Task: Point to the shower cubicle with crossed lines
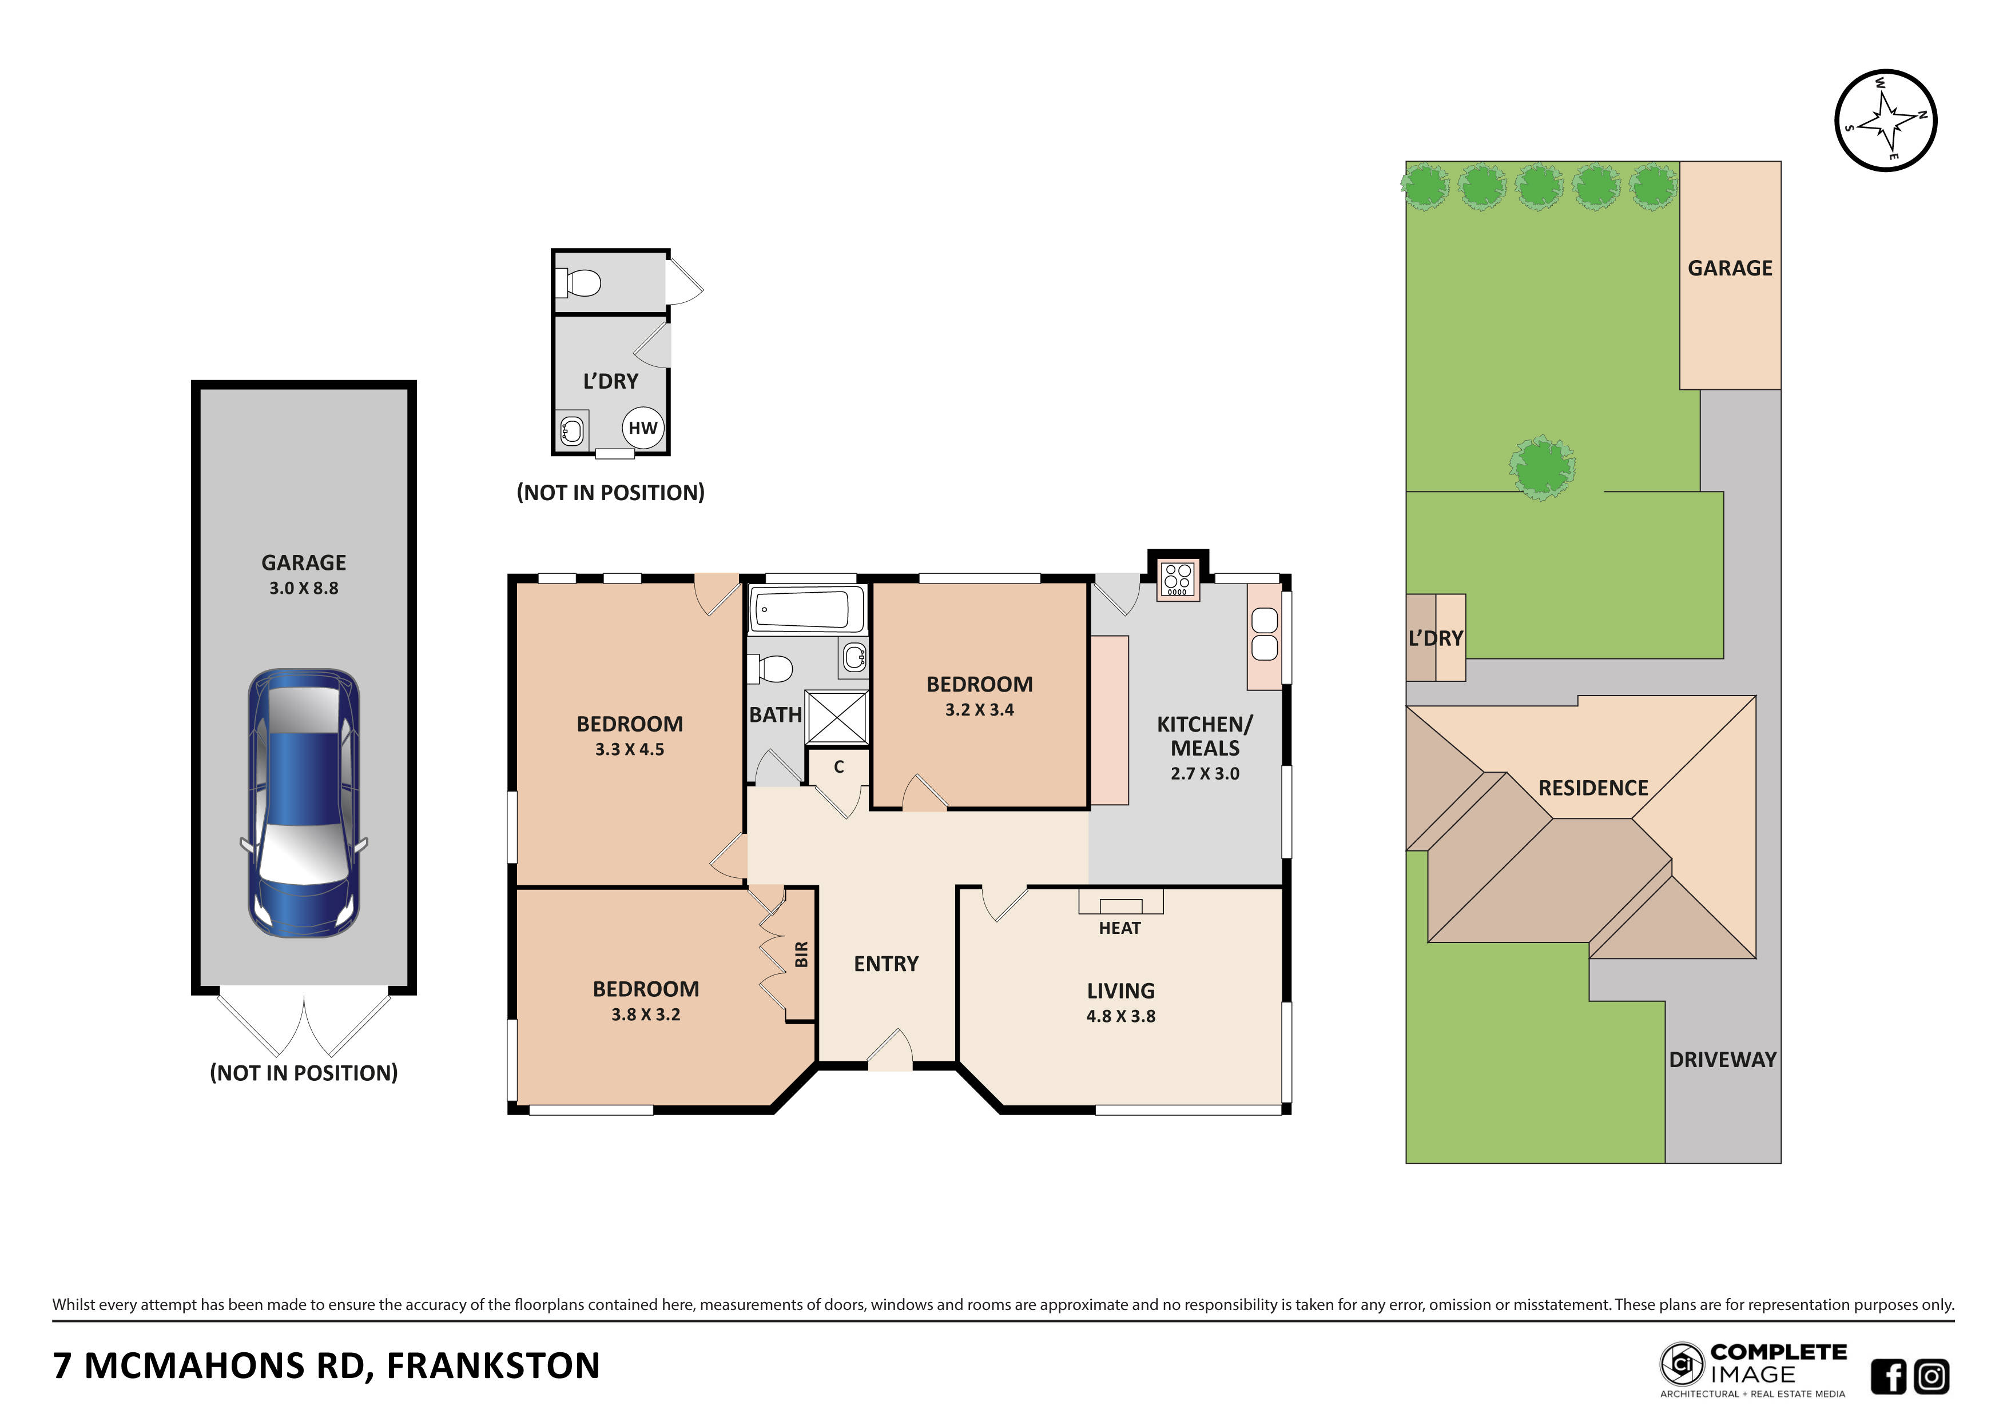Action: [x=837, y=717]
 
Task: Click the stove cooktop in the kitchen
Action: [x=1178, y=579]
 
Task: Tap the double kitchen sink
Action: [x=1264, y=634]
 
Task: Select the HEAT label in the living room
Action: [x=1120, y=928]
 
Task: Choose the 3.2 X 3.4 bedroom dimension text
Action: [x=979, y=709]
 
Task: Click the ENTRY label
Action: [x=885, y=964]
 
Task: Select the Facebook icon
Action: [x=1888, y=1376]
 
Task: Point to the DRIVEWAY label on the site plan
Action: [x=1722, y=1060]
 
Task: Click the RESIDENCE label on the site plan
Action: [x=1593, y=788]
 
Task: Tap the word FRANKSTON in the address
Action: [x=493, y=1365]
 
